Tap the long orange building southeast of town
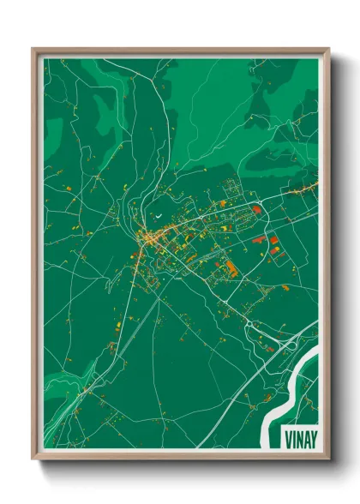tap(230, 268)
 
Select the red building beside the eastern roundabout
tap(256, 208)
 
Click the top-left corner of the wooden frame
tap(33, 50)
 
